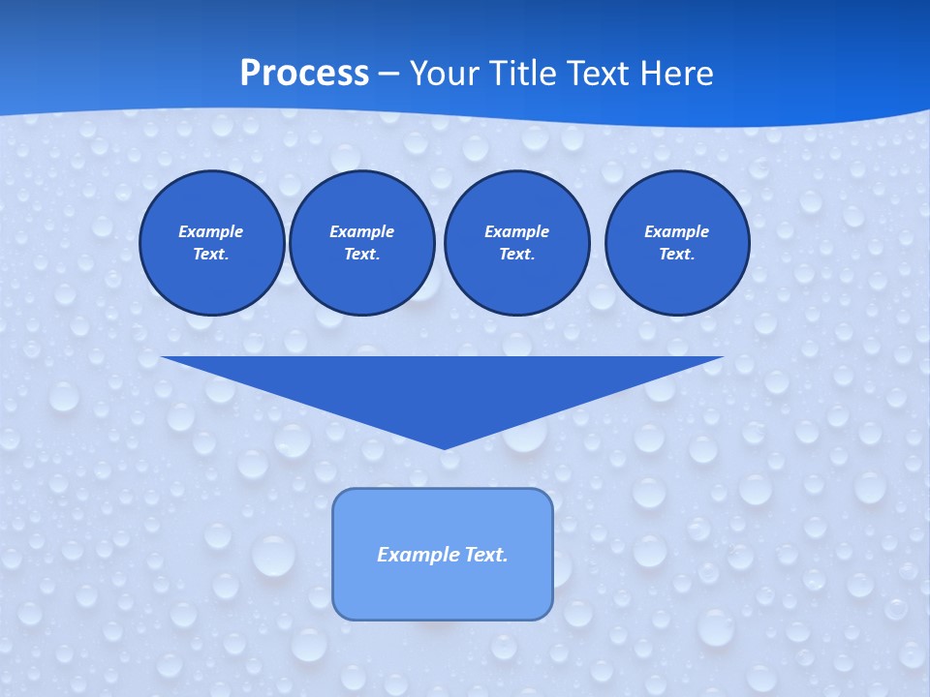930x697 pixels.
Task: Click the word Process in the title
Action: tap(304, 74)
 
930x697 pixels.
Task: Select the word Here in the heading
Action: tap(676, 74)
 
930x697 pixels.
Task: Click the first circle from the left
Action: tap(212, 243)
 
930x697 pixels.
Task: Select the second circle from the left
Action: tap(362, 243)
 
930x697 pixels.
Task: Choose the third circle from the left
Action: tap(517, 243)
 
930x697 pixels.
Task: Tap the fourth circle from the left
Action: tap(677, 243)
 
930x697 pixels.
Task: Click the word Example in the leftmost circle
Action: tap(211, 231)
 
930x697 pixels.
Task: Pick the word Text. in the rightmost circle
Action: tap(677, 255)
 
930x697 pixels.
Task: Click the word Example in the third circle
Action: tap(517, 231)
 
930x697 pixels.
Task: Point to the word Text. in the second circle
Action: tap(362, 255)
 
